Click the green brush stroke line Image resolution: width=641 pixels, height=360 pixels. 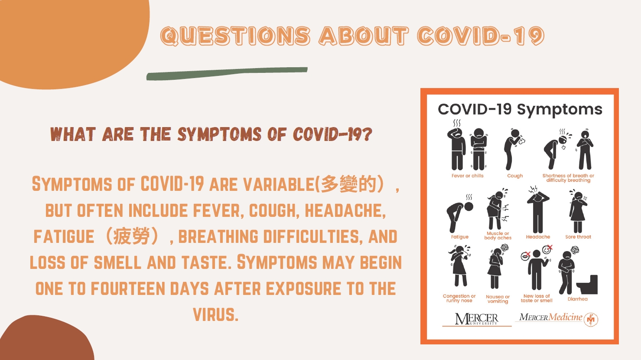pos(227,73)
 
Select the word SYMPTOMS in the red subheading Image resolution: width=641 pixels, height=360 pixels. pos(219,134)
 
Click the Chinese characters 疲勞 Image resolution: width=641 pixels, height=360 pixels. pos(132,236)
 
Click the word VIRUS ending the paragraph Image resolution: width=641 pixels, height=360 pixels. pos(216,314)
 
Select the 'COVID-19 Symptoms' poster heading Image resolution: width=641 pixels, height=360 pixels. pos(520,110)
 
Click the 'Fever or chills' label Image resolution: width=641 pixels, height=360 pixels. pos(467,176)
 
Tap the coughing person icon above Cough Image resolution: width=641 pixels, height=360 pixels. pos(514,149)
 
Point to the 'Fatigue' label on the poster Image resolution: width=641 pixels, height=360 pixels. pos(459,237)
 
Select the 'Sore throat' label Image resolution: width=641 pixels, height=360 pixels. pos(578,237)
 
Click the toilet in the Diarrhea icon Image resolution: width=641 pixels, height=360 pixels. pos(587,285)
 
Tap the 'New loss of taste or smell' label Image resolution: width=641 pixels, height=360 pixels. pos(537,298)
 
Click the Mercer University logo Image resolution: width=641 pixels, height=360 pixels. pos(477,319)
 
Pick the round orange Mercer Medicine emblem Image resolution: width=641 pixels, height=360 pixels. pos(591,320)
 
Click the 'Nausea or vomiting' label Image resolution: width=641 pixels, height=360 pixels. pos(498,299)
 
